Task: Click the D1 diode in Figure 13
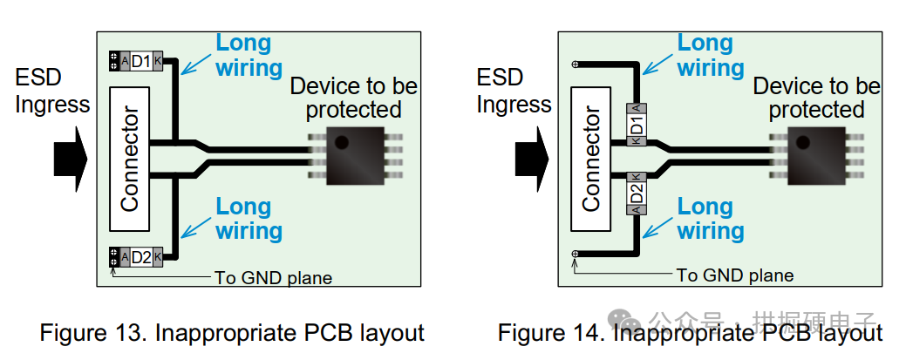pos(140,61)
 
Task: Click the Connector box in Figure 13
pos(129,158)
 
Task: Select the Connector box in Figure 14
pos(591,158)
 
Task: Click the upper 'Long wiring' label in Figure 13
pos(247,55)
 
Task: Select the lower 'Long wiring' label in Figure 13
pos(247,219)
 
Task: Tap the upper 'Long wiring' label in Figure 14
pos(710,55)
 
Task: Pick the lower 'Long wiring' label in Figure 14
pos(710,219)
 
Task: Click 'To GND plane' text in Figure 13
pos(273,278)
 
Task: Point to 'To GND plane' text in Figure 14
pos(734,275)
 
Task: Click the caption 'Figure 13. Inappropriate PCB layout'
pos(232,333)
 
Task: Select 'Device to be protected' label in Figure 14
pos(815,98)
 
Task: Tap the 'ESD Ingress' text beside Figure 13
pos(51,91)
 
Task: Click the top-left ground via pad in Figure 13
pos(114,61)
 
